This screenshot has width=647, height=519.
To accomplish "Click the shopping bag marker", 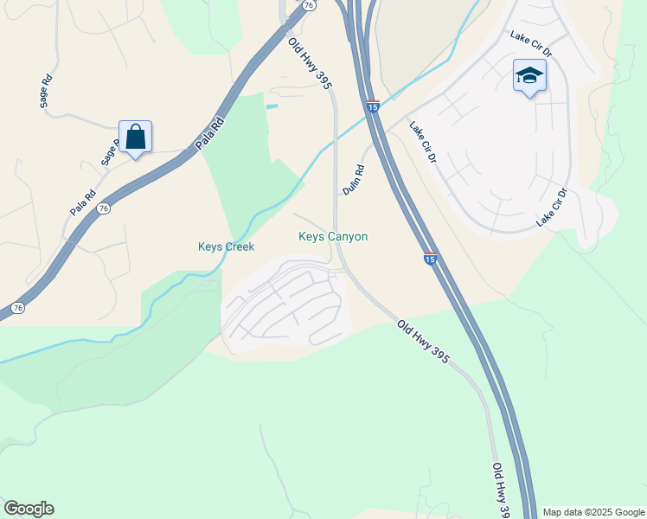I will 135,138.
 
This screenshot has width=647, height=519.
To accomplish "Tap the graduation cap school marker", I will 528,75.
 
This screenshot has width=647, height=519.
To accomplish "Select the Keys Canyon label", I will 333,236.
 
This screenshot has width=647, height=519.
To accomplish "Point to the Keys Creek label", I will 226,247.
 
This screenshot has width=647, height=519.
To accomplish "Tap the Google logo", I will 29,509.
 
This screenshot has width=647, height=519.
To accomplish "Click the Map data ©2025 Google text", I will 593,512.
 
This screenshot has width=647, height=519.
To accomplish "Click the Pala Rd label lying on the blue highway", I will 209,133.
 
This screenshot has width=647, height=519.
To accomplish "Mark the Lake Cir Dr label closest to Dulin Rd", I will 423,142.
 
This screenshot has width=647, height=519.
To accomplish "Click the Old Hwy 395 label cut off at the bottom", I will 501,490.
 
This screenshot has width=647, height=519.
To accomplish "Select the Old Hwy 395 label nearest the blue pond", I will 310,62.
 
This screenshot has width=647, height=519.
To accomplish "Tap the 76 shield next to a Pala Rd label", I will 104,208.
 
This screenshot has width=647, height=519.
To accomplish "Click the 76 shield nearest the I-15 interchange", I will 309,4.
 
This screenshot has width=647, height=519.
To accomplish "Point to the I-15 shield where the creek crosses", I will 373,106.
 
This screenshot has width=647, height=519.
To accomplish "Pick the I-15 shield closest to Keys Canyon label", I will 430,258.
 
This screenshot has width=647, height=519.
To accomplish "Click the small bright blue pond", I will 272,106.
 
